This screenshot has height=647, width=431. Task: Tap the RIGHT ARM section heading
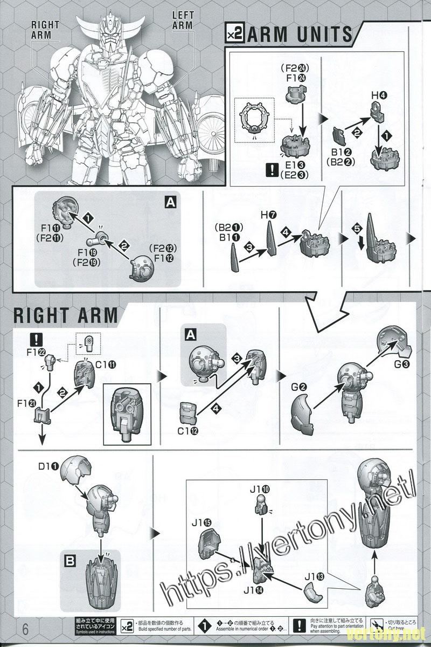click(65, 314)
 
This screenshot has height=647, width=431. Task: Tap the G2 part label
click(300, 387)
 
